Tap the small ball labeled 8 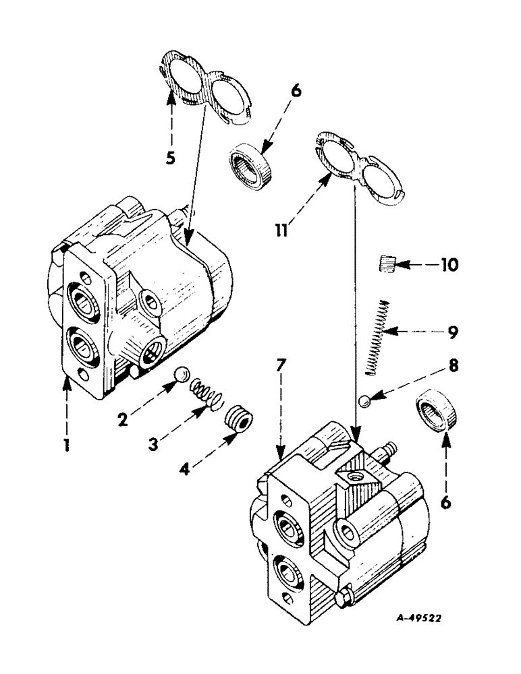tap(364, 402)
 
